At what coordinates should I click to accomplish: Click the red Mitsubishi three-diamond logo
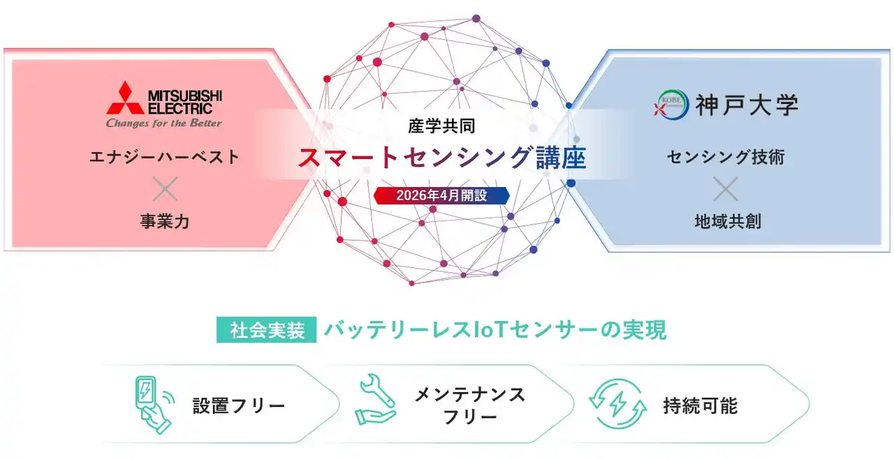coord(124,98)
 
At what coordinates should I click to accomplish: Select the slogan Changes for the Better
coord(163,124)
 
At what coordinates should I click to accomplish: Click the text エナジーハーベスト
coord(164,157)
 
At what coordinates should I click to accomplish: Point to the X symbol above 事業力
coord(165,188)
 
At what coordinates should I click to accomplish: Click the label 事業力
coord(164,222)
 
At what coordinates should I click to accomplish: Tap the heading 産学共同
coord(441,126)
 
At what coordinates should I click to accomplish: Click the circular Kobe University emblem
coord(666,105)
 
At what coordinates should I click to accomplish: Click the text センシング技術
coord(726,157)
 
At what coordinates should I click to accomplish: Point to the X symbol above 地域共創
coord(726,188)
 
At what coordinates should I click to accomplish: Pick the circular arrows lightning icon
coord(613,404)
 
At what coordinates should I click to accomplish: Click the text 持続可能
coord(700,406)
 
